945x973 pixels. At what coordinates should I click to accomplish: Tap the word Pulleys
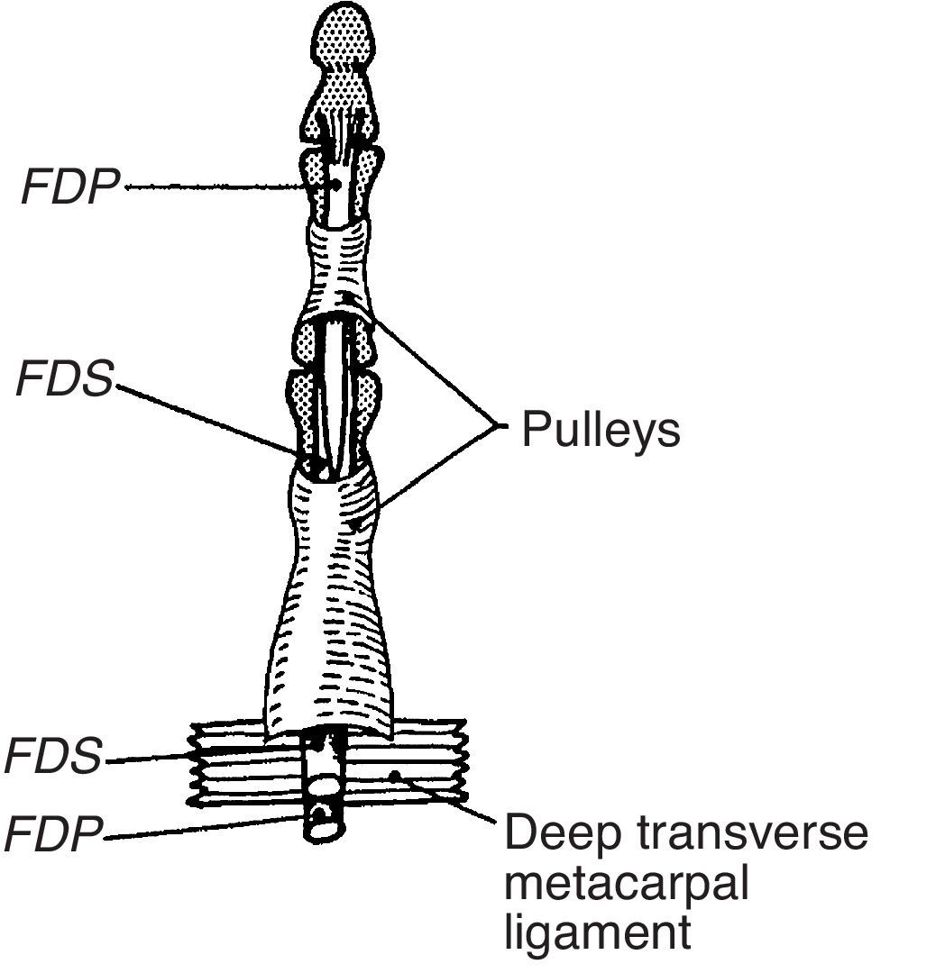click(601, 431)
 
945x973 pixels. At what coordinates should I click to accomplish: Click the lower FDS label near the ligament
click(54, 757)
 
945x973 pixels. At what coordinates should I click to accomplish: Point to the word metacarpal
click(627, 884)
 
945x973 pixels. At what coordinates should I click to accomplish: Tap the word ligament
click(598, 932)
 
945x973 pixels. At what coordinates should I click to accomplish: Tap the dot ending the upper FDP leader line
click(335, 186)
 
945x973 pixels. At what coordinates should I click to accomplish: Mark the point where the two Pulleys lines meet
click(495, 425)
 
